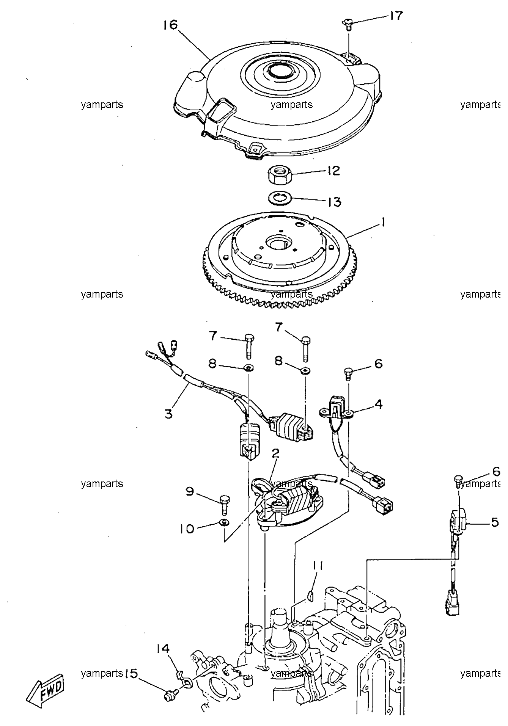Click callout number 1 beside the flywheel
(384, 223)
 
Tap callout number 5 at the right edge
(495, 522)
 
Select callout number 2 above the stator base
(275, 453)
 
